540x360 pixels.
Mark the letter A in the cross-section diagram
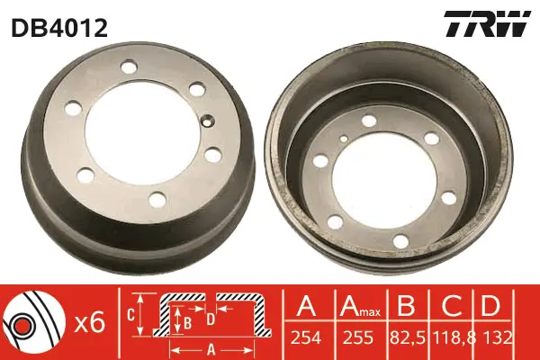click(210, 349)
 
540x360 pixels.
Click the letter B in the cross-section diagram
click(187, 319)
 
